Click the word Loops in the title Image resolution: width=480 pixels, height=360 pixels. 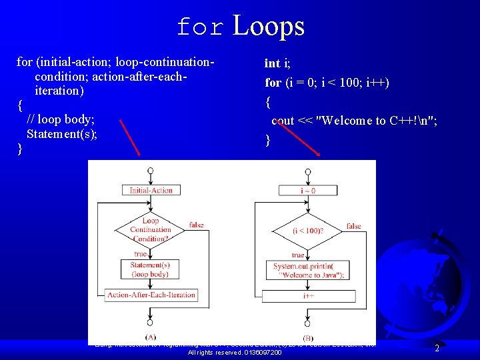tap(269, 26)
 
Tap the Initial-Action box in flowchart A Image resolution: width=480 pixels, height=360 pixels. tap(150, 190)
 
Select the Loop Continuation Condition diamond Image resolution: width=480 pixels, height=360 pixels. tap(150, 229)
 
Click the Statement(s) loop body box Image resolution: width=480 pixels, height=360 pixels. tap(150, 269)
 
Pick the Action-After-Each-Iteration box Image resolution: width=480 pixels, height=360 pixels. tap(151, 295)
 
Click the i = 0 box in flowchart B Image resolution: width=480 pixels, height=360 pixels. tap(308, 191)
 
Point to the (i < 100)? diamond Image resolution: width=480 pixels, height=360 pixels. tap(308, 231)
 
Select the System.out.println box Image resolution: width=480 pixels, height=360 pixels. tap(308, 271)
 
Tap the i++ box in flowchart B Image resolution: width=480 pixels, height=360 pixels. tap(308, 295)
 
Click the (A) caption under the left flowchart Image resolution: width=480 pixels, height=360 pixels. tap(151, 337)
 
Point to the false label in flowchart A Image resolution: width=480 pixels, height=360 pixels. tap(196, 225)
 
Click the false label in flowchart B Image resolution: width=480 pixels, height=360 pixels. tap(354, 226)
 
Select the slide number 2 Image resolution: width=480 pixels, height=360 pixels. tap(437, 348)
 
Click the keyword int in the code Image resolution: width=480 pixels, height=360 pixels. tap(272, 63)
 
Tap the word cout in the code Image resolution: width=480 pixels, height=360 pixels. tap(283, 121)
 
